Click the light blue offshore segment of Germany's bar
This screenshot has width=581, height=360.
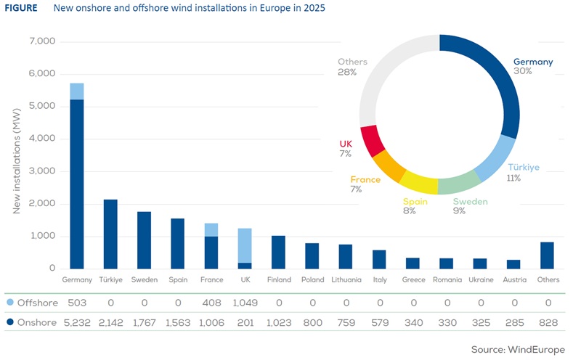[77, 91]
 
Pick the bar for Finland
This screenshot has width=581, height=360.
[278, 252]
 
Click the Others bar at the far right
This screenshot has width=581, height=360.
[547, 255]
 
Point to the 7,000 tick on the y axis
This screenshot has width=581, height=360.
[41, 41]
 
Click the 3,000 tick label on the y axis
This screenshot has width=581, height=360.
[41, 171]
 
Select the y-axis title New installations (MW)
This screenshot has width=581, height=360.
[17, 155]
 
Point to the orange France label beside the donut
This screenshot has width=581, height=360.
[365, 179]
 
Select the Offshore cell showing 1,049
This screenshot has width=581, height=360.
[245, 303]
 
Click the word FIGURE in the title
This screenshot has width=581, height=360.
[22, 9]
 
